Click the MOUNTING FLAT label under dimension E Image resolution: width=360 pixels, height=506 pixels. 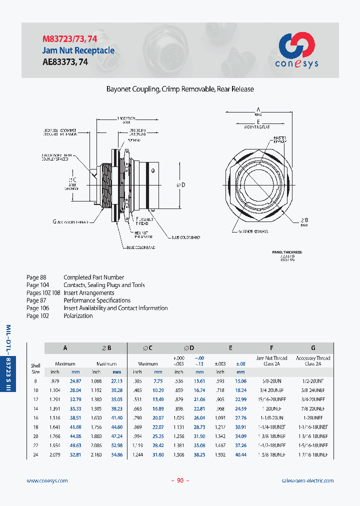pos(258,128)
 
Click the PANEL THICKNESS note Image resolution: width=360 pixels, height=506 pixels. pos(287,253)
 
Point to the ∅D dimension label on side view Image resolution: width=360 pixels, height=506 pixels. pos(181,185)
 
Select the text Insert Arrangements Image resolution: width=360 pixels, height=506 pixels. pos(89,292)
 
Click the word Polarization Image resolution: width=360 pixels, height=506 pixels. pos(78,316)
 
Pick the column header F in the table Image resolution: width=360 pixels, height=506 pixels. pos(271,347)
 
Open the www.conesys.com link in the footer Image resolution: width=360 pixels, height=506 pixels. pos(47,480)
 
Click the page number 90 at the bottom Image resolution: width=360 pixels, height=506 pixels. pos(180,480)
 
